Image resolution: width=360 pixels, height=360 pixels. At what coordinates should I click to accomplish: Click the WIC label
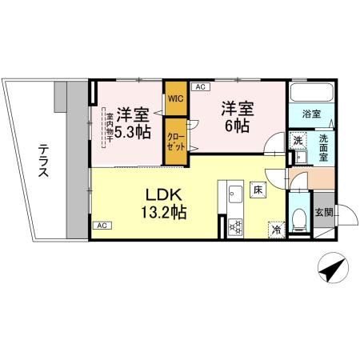point(175,98)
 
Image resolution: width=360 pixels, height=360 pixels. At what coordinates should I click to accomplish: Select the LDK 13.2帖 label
point(165,205)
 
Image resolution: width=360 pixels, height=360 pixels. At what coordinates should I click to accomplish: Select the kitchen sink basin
point(235,194)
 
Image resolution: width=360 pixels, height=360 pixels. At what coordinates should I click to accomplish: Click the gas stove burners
point(235,226)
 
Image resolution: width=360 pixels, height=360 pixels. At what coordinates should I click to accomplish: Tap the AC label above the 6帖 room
point(199,86)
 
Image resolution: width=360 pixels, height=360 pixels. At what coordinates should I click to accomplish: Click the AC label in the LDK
point(102,226)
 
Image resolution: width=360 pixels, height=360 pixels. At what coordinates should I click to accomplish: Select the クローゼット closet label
point(175,143)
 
